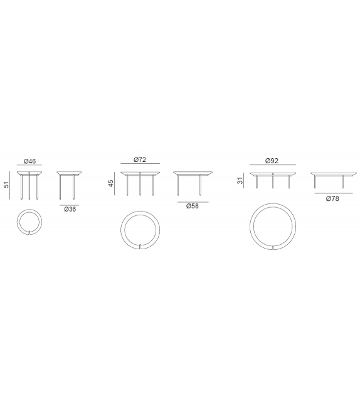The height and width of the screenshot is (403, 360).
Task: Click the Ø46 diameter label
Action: click(x=29, y=161)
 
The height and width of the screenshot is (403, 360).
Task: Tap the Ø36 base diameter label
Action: click(x=70, y=209)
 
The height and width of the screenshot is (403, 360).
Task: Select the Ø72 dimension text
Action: click(x=140, y=159)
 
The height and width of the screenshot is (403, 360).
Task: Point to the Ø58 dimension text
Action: click(x=193, y=206)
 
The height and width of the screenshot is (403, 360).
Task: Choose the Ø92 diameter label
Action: click(x=272, y=161)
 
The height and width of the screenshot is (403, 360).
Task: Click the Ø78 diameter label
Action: click(x=332, y=198)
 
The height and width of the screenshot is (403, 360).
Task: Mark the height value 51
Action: click(x=6, y=185)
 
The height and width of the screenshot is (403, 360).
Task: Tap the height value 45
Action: click(x=110, y=183)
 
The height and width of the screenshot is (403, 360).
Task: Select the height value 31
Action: click(x=240, y=180)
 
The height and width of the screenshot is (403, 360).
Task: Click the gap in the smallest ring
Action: click(x=29, y=233)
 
